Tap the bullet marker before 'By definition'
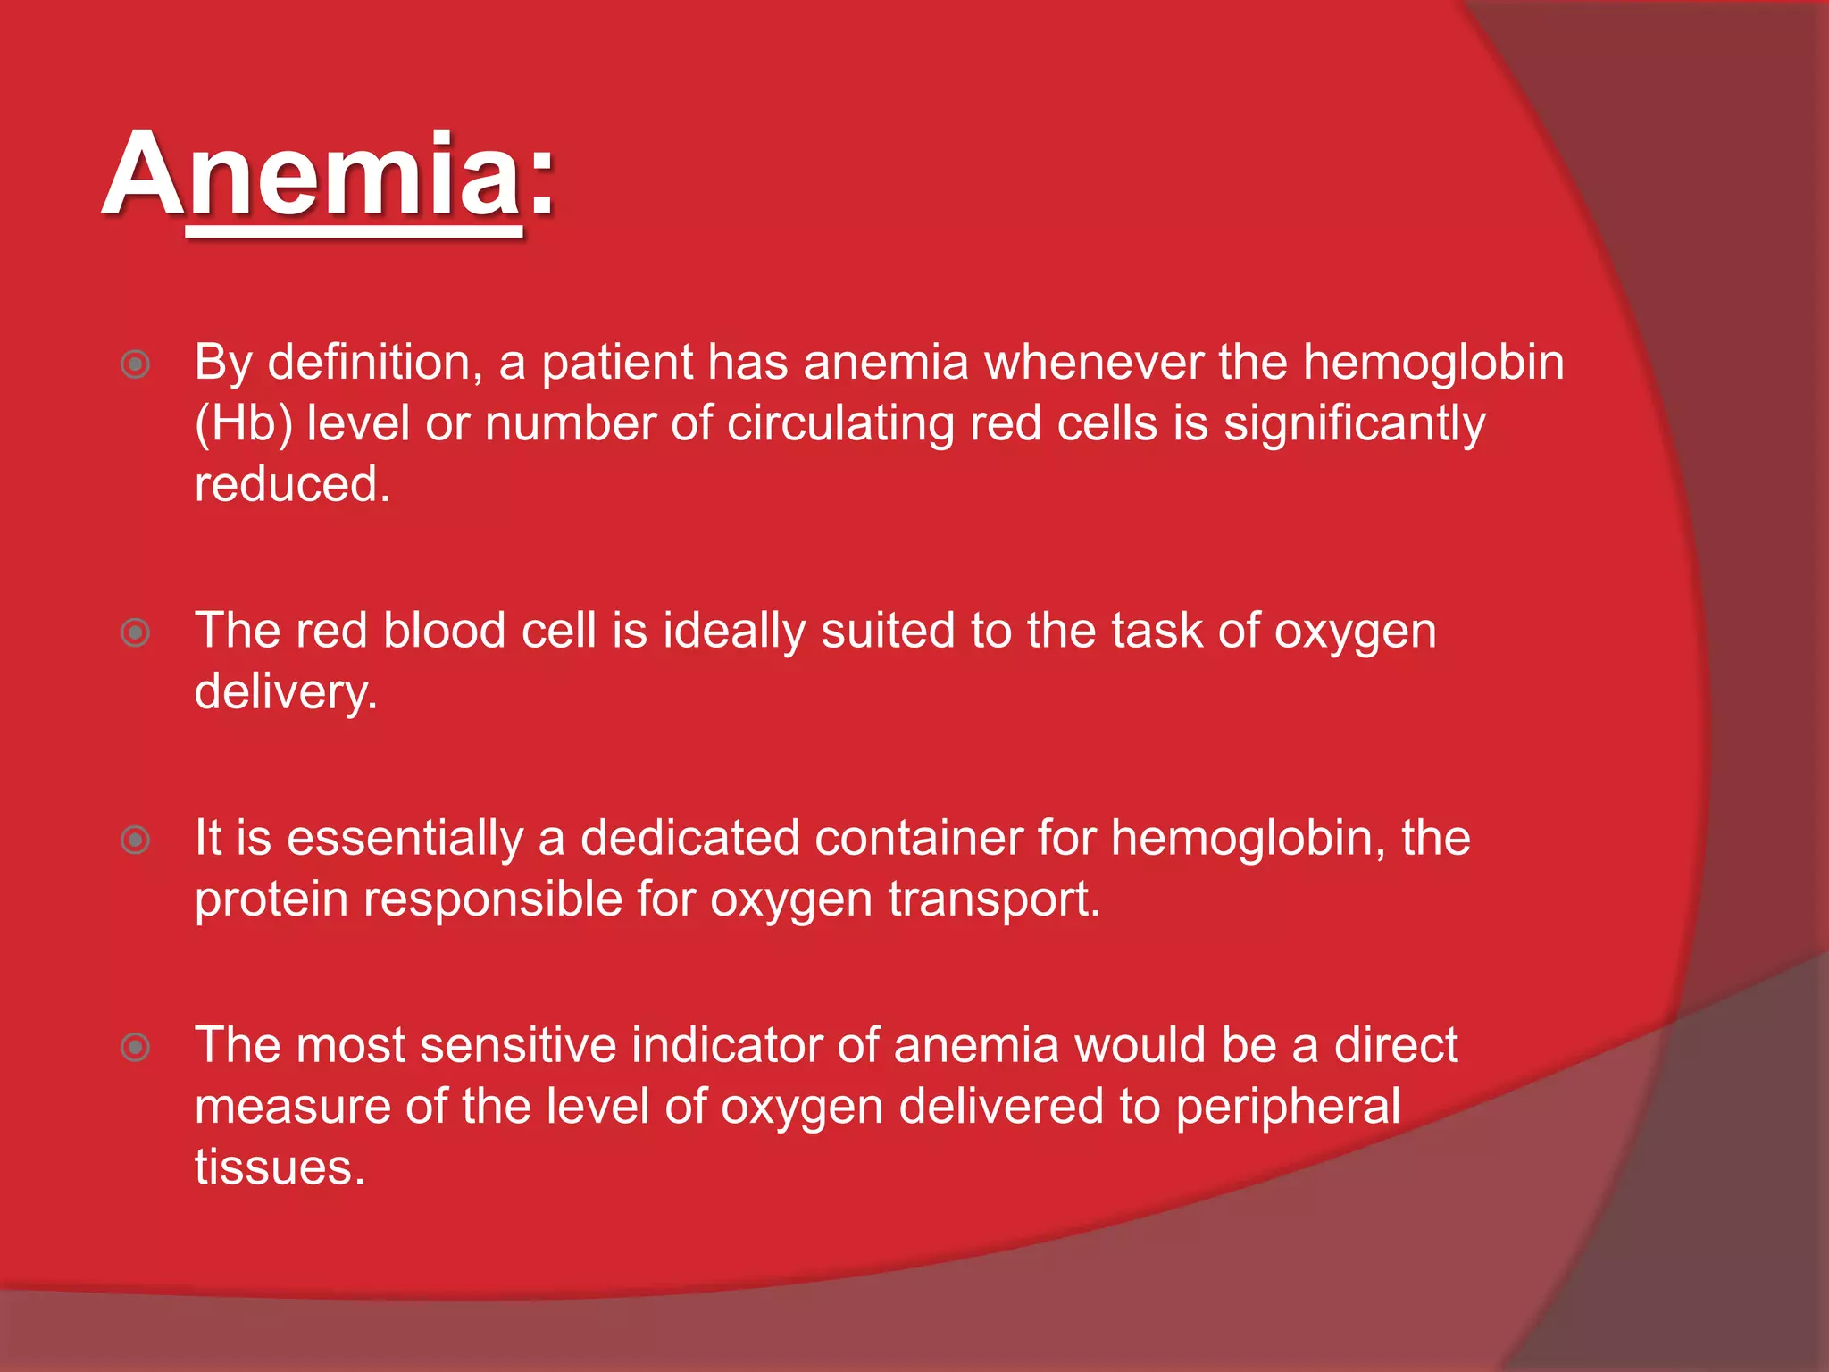(x=135, y=364)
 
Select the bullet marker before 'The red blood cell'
(x=135, y=633)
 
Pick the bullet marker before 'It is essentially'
(x=135, y=840)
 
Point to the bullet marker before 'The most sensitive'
(x=135, y=1047)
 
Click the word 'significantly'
(x=1354, y=424)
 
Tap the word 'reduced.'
(x=293, y=485)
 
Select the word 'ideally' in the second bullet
(x=733, y=632)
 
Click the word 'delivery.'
(x=286, y=692)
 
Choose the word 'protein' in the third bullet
(x=271, y=899)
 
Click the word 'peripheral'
(x=1287, y=1107)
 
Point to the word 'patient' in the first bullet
(x=617, y=364)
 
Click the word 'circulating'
(x=840, y=424)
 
